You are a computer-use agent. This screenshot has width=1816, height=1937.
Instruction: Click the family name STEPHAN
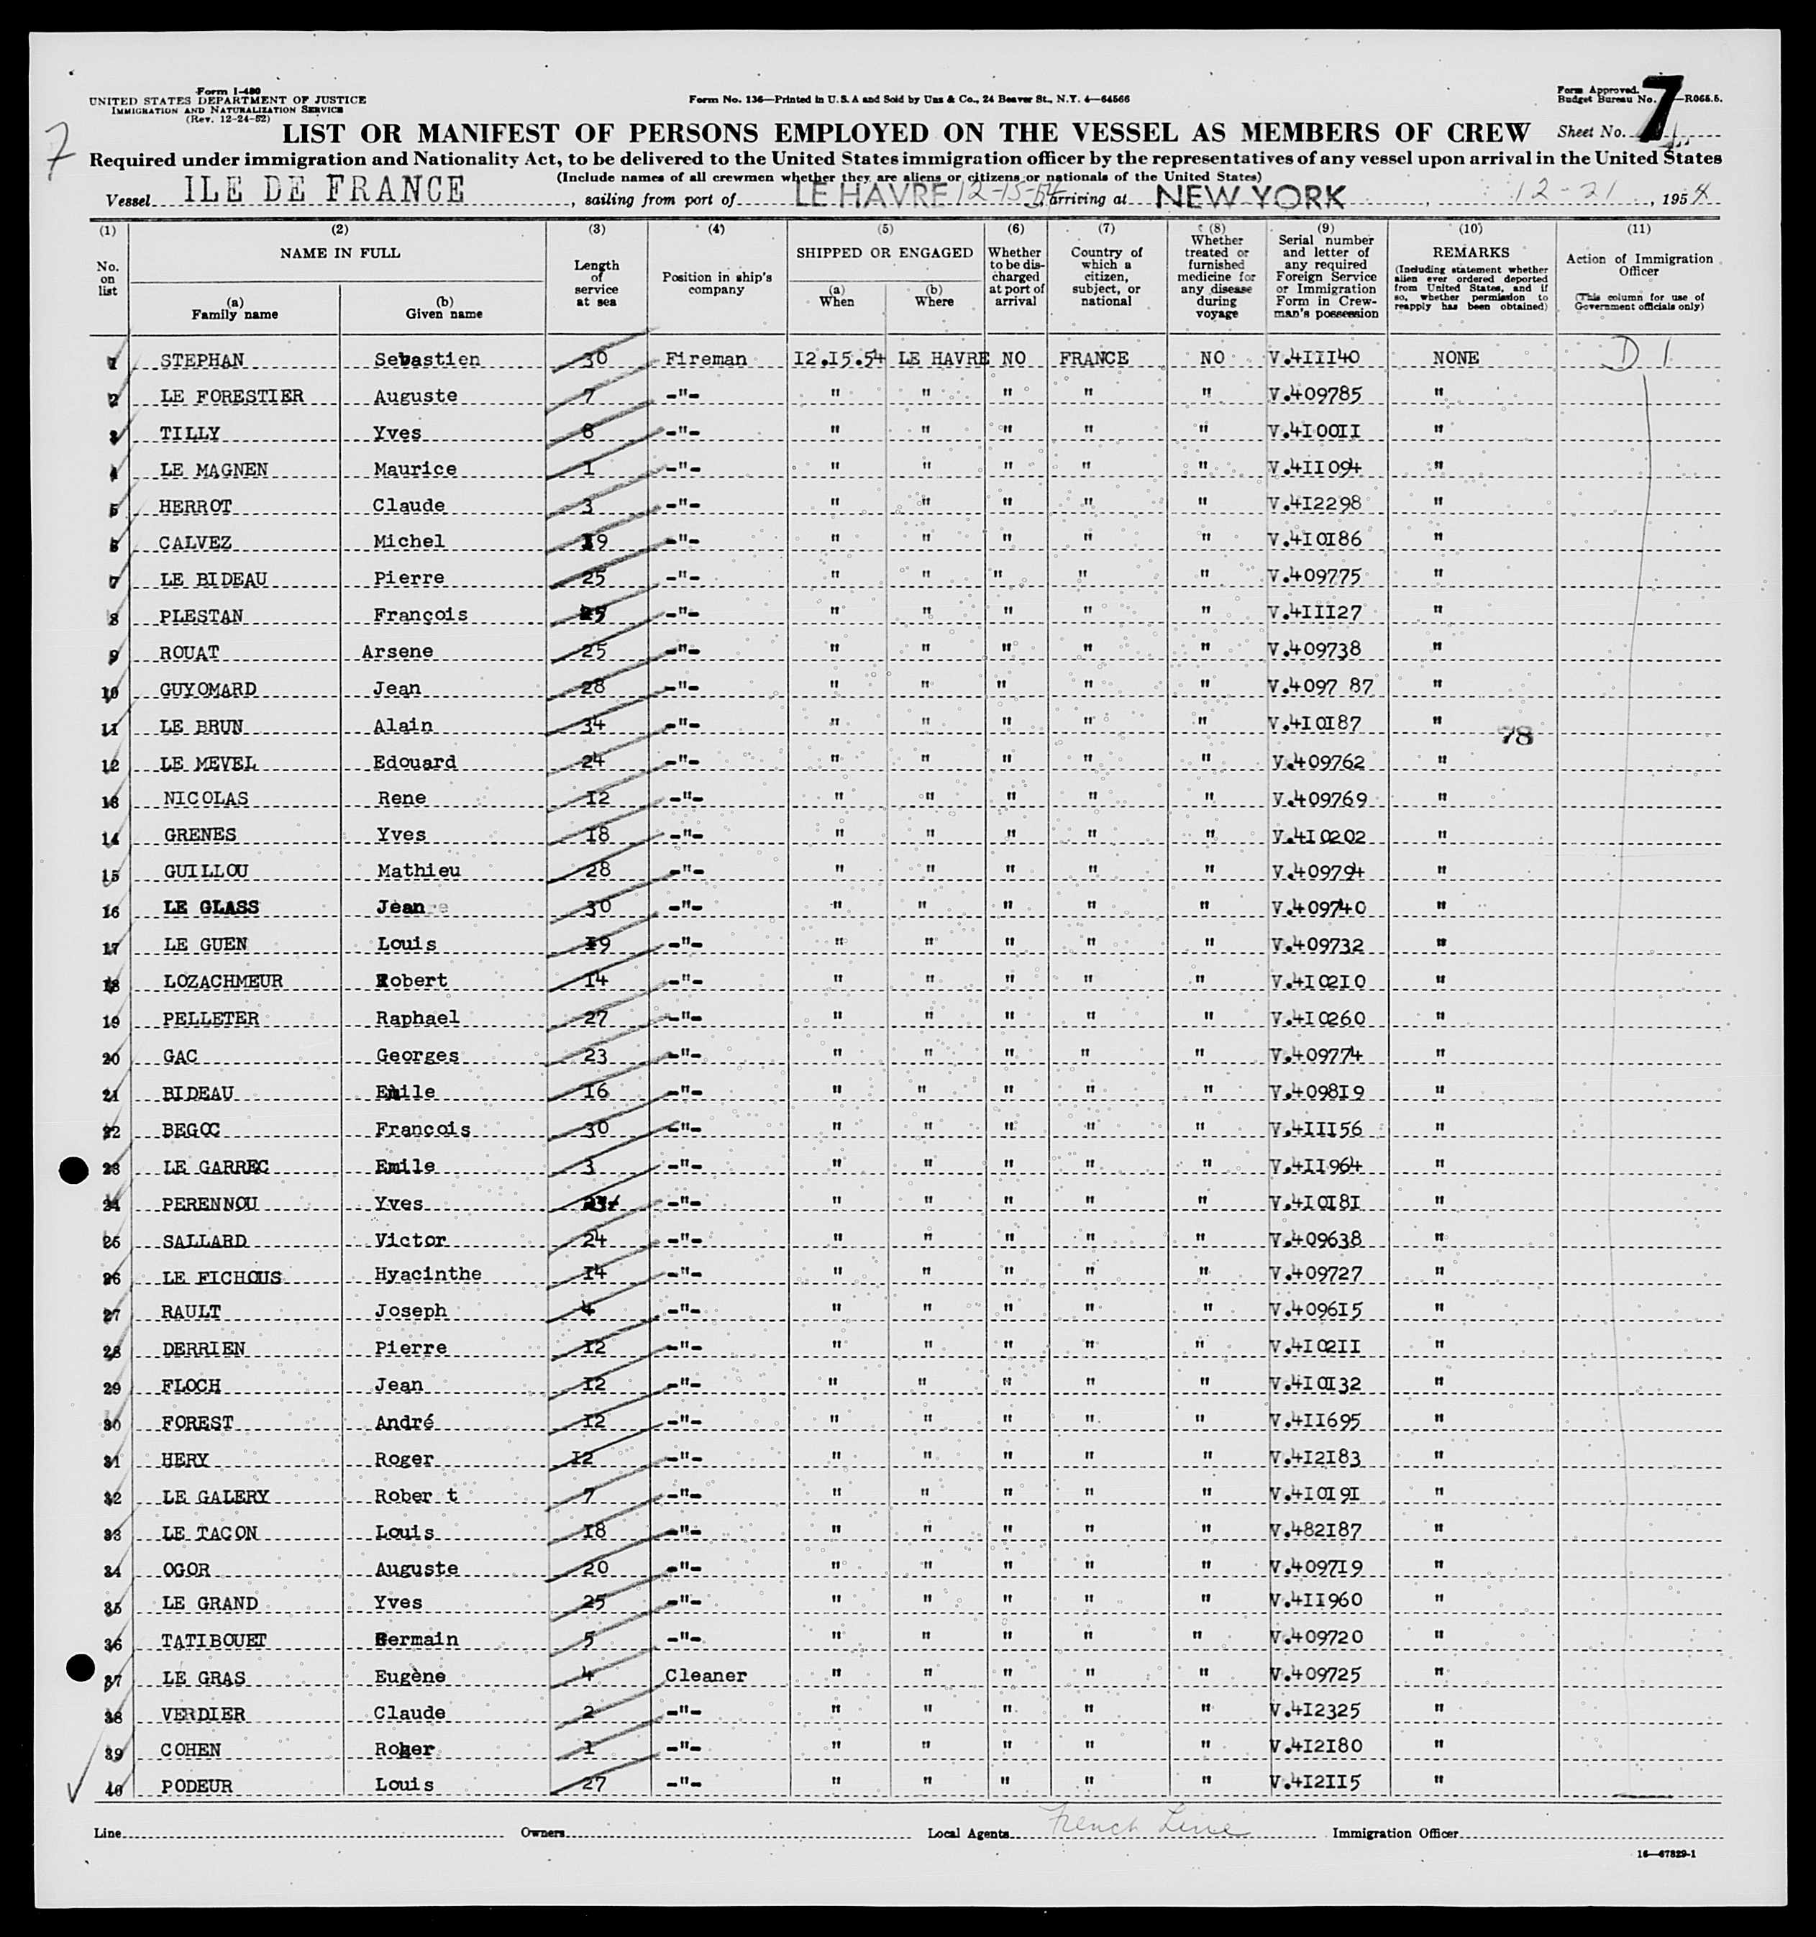coord(201,360)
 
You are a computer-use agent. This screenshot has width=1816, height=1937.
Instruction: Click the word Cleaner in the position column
coord(706,1676)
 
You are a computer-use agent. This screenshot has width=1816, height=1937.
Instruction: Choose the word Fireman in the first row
coord(706,359)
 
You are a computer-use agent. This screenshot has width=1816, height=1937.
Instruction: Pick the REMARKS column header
coord(1470,253)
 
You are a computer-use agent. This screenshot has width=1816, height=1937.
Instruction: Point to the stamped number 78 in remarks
coord(1516,737)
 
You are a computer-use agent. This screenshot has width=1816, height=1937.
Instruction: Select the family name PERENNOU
coord(209,1204)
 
